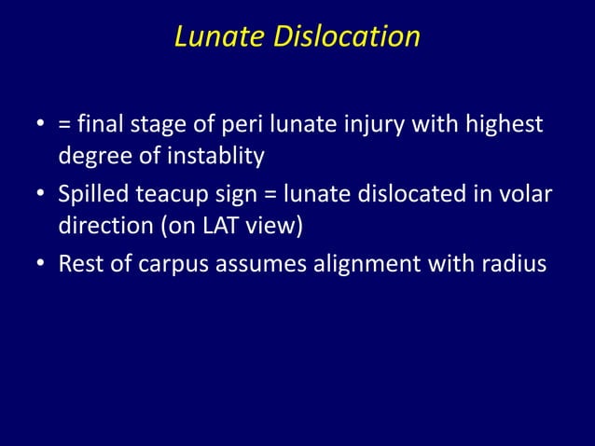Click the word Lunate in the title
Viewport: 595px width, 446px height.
click(x=218, y=36)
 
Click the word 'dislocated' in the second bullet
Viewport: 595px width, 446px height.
click(x=399, y=197)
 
